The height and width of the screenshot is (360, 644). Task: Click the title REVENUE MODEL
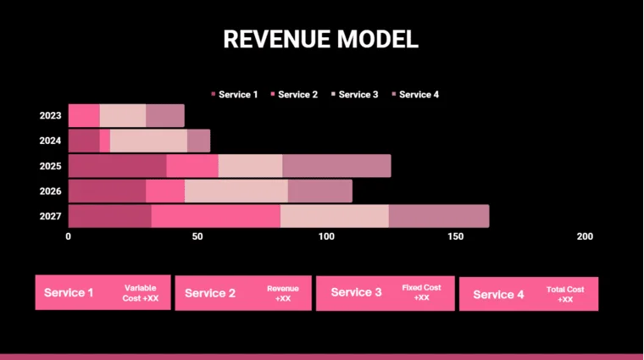(320, 39)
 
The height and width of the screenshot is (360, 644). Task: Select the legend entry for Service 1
(235, 95)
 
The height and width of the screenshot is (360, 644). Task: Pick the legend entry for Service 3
(354, 95)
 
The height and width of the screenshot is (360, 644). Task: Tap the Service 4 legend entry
(415, 95)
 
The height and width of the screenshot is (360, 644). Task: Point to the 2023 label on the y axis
(50, 116)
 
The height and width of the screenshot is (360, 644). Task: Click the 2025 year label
(50, 166)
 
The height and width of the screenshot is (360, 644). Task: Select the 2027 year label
(50, 217)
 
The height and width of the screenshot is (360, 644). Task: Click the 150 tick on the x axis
(455, 236)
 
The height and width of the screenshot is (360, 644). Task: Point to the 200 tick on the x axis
(584, 236)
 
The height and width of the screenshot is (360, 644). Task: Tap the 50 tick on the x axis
(197, 236)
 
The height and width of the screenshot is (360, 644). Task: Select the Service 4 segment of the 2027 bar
(438, 216)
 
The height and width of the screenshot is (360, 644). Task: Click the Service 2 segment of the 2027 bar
(215, 216)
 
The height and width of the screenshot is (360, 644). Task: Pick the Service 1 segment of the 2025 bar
(117, 166)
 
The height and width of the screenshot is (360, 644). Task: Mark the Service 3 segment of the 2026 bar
(236, 191)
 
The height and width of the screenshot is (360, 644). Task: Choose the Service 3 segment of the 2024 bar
(148, 141)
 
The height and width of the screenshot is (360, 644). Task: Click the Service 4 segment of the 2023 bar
(164, 116)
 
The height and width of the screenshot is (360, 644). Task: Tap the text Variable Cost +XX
(141, 293)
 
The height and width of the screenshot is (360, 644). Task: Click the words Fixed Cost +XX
(421, 293)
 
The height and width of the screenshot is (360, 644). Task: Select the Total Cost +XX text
(565, 294)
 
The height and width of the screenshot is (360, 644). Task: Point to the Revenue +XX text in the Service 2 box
(283, 293)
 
